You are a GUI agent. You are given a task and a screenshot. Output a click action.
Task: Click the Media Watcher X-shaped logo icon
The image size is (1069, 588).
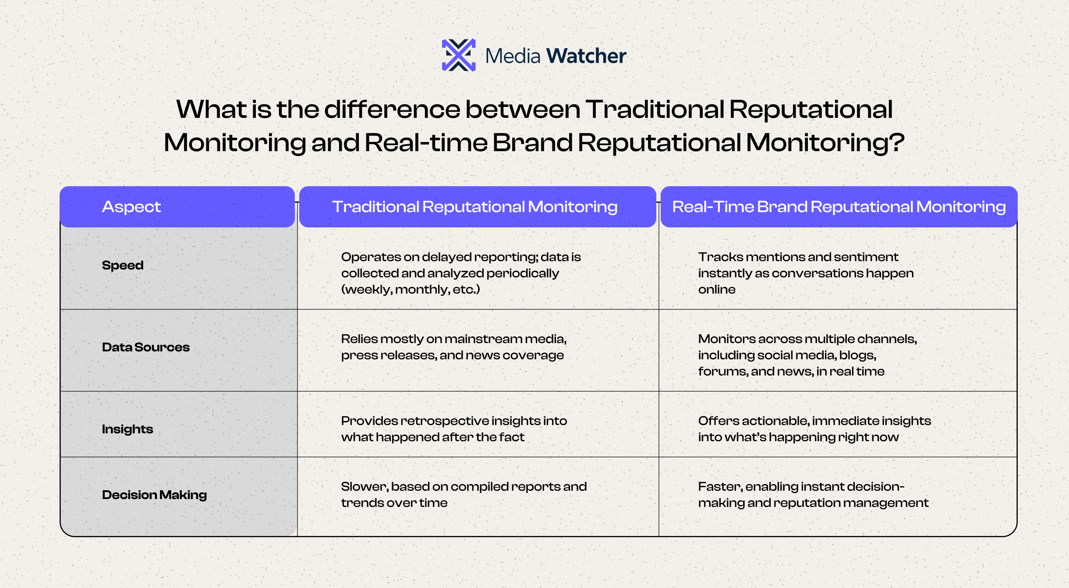459,55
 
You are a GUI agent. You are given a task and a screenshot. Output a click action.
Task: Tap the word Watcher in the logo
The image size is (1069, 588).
586,56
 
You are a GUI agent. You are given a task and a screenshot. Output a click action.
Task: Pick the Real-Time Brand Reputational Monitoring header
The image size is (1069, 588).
839,207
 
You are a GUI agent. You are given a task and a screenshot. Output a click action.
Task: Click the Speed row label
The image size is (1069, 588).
123,266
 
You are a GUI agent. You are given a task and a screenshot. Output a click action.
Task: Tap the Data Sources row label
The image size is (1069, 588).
146,347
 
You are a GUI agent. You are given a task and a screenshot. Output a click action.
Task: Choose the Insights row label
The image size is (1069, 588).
127,429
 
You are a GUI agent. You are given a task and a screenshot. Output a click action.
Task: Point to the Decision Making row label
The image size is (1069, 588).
154,495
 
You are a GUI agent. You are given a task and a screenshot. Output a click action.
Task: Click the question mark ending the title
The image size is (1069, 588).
896,142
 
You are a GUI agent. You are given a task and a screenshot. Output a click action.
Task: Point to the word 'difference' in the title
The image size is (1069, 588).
392,109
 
